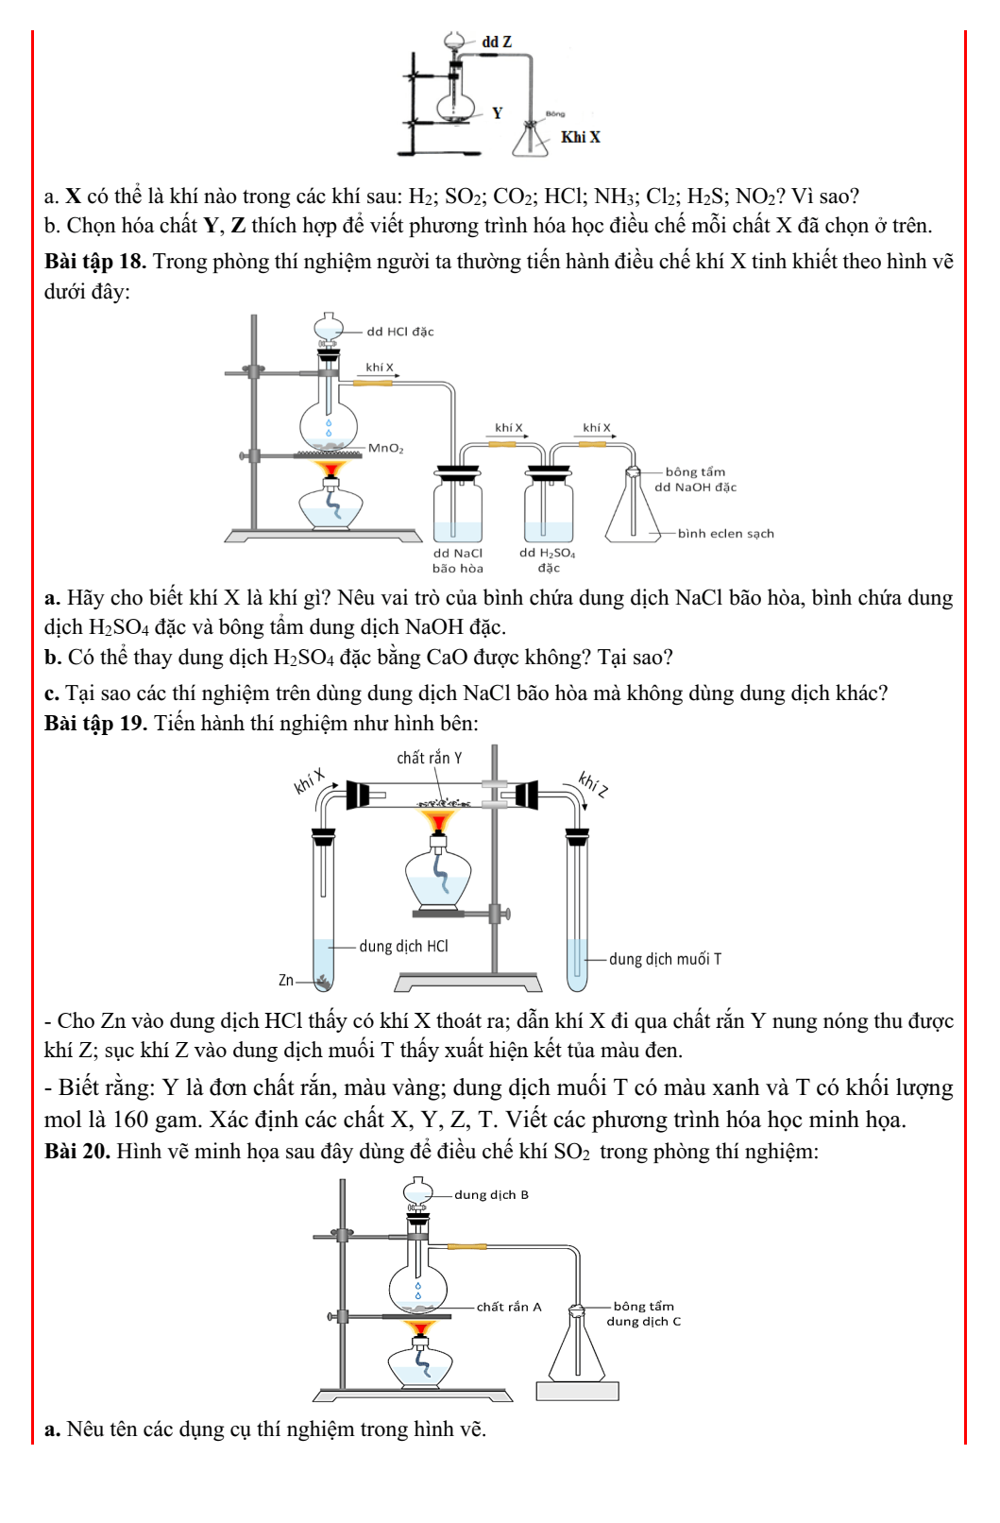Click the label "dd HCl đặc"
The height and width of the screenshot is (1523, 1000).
tap(399, 332)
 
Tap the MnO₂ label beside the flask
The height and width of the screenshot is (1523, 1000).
tap(385, 448)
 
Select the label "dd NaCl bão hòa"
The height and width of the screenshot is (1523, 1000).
tap(458, 560)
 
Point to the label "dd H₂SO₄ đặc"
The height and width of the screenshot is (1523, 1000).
tap(547, 560)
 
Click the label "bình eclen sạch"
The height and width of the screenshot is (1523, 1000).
tap(725, 533)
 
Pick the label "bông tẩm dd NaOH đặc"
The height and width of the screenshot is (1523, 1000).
tap(695, 479)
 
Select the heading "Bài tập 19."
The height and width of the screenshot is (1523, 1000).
tap(95, 723)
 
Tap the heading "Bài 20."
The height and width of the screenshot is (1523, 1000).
tap(77, 1151)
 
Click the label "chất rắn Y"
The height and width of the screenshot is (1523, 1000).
tap(429, 758)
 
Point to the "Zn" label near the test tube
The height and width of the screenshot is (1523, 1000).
tap(285, 981)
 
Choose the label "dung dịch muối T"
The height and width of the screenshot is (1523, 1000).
tap(665, 959)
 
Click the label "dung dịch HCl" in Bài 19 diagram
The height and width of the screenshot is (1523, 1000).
tap(403, 946)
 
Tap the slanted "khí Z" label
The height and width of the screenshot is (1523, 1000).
tap(594, 783)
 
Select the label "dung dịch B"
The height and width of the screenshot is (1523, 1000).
tap(491, 1194)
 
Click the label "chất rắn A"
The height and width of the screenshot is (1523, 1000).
tap(508, 1307)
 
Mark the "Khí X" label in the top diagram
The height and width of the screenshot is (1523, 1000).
tap(580, 137)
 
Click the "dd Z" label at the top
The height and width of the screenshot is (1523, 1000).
tap(497, 42)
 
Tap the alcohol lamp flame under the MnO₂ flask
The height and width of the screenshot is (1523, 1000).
tap(330, 469)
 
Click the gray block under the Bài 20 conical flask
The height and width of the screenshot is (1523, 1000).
tap(577, 1391)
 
